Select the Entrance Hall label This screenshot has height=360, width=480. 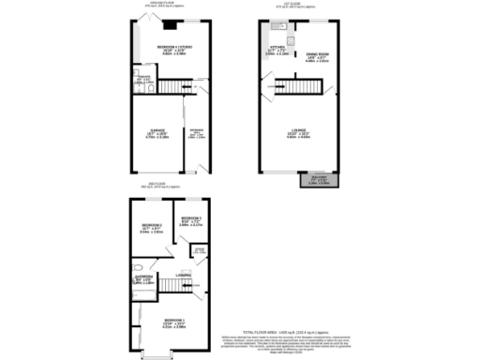[x=196, y=133]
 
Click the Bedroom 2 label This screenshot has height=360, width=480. [x=153, y=227]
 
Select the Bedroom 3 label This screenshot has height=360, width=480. [x=191, y=221]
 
